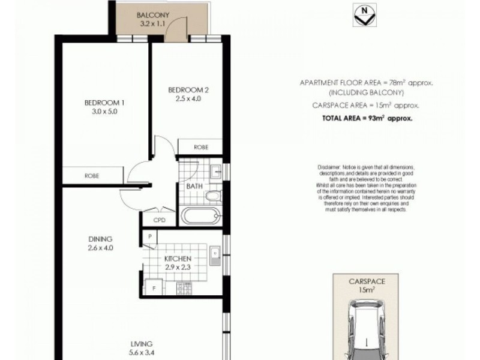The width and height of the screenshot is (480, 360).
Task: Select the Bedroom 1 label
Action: pos(100,102)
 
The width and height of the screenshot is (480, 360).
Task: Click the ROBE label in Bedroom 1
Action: pos(91,176)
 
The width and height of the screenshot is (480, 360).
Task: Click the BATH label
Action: pos(193,187)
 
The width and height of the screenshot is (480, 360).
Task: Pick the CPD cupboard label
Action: pos(159,220)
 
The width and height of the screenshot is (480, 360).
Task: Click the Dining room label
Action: pos(100,239)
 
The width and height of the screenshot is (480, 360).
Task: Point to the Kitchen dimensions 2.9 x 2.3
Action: pos(178,268)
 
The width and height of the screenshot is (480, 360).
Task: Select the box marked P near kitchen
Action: pos(149,237)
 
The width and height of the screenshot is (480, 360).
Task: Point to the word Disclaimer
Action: pos(326,165)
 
